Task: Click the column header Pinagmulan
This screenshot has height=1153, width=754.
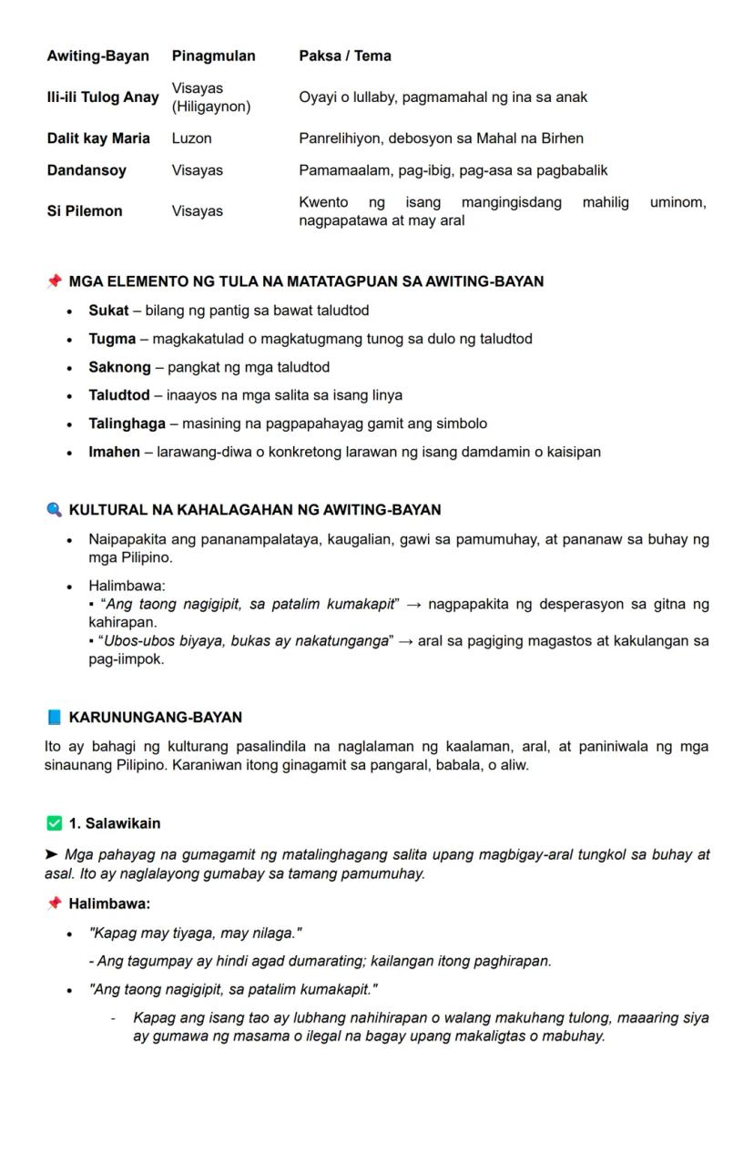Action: pos(213,56)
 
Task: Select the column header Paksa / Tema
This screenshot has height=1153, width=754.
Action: pos(344,56)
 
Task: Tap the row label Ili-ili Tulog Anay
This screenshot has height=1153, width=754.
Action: pos(103,97)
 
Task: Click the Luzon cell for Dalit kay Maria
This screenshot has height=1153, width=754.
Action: pos(191,138)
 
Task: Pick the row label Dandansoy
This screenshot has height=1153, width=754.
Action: pos(87,170)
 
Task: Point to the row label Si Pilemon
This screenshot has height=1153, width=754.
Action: pos(85,211)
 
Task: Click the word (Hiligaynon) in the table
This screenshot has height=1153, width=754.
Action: pos(210,107)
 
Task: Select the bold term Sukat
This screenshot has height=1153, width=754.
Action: pos(108,311)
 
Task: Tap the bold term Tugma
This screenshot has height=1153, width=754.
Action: pos(112,339)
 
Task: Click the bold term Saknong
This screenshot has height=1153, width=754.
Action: pos(119,367)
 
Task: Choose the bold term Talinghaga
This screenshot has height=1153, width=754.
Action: pos(127,423)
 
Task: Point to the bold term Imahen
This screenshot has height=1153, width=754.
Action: pos(114,452)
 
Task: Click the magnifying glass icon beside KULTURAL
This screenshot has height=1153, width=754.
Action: pos(55,509)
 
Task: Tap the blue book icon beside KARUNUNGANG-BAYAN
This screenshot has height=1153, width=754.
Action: pos(55,717)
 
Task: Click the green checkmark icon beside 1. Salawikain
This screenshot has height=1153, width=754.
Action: pos(55,823)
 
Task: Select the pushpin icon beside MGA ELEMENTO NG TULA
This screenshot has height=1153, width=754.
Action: pos(55,281)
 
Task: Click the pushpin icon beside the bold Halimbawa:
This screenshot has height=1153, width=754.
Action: pos(55,903)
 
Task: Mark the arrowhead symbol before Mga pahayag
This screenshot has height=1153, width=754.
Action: pos(52,855)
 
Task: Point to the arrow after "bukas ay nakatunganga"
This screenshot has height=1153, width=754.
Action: pos(406,641)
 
